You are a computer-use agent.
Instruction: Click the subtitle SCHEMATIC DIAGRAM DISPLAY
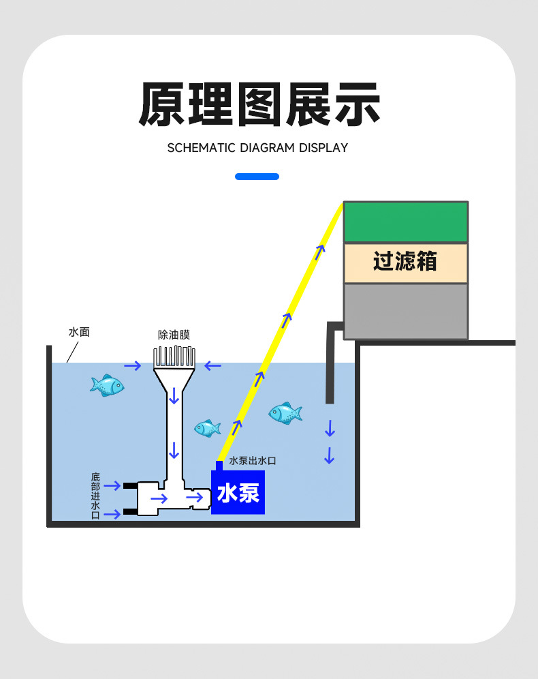coord(257,148)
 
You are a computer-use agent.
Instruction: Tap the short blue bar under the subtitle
coord(257,177)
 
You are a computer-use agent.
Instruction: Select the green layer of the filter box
coord(406,222)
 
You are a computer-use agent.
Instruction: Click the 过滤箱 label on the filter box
coord(405,262)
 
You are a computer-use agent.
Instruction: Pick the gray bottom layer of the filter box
coord(406,310)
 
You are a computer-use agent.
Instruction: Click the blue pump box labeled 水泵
coord(238,493)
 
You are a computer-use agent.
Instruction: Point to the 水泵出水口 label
coord(253,462)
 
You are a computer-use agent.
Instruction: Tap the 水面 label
coord(79,333)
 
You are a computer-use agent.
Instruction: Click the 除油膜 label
coord(174,335)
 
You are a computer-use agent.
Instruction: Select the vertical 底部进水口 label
coord(95,496)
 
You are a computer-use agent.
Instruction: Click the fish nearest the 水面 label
coord(107,385)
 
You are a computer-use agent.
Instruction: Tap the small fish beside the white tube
coord(207,428)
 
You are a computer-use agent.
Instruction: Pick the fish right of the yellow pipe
coord(285,412)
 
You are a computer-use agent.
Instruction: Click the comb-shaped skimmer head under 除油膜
coord(174,358)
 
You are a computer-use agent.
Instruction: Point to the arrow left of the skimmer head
coord(132,366)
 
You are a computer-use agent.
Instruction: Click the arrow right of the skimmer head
coord(213,366)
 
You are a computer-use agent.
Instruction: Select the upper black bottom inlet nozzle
coord(129,485)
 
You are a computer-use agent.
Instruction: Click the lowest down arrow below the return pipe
coord(330,455)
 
